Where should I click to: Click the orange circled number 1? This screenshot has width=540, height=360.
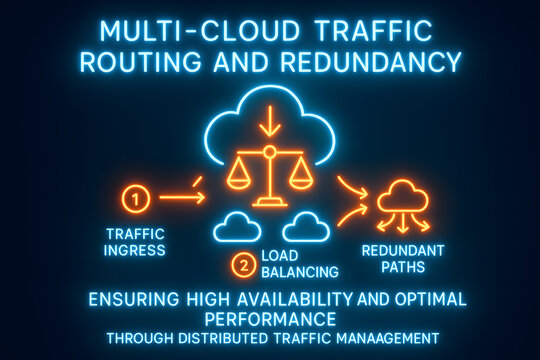tap(139, 198)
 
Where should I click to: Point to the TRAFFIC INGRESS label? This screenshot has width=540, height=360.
tap(135, 242)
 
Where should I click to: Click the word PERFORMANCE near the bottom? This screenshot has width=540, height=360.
tap(269, 318)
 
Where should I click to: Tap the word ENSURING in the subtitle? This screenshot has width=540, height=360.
tap(128, 299)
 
